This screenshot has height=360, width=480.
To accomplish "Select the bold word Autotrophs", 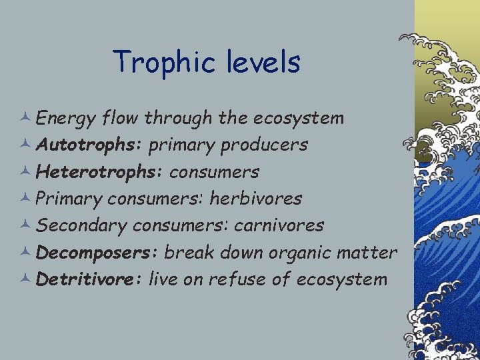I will [89, 145].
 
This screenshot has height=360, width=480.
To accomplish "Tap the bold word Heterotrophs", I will [99, 171].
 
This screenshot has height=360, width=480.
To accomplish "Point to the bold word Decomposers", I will [97, 253].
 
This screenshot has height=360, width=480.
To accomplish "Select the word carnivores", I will [279, 225].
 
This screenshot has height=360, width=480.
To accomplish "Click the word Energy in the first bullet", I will [65, 119].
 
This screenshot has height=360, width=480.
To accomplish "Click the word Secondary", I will [81, 225].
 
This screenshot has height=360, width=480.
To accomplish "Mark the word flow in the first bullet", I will [120, 119].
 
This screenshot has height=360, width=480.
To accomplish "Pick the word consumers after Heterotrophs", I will [214, 171].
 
